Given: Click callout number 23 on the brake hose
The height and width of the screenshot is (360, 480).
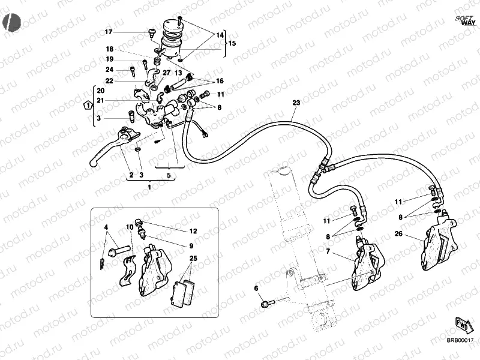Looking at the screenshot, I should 295,103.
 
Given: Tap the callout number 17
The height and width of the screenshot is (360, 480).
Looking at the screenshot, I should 109,32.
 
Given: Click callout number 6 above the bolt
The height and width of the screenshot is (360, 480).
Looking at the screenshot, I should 257,289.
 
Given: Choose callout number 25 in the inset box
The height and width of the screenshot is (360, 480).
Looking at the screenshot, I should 193,259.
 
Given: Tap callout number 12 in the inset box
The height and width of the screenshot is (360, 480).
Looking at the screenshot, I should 193,231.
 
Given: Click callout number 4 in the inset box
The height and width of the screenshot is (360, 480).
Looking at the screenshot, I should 106,227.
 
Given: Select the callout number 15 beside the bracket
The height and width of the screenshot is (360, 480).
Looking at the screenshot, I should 232,43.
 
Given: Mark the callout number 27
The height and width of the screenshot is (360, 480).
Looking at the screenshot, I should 150,73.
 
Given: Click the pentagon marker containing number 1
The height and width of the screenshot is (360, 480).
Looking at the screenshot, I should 88,105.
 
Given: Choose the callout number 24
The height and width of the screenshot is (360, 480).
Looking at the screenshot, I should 110,70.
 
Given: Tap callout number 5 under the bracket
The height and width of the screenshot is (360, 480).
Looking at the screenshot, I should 169,175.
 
